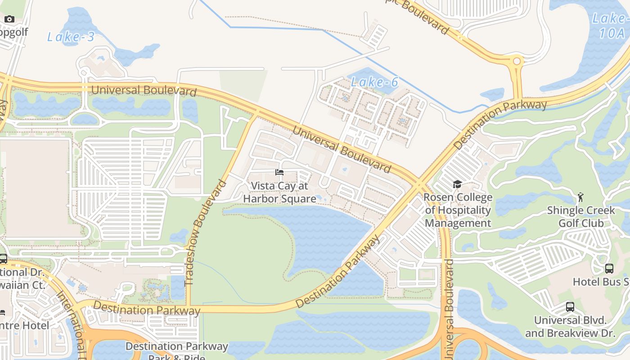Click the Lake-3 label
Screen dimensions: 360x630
point(71,37)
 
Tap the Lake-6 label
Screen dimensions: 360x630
point(374,82)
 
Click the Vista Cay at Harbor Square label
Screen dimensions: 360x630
point(279,192)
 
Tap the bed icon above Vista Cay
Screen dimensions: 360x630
point(279,172)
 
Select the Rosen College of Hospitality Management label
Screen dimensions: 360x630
point(458,210)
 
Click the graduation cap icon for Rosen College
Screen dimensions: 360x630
point(457,184)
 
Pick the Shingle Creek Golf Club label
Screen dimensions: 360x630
point(580,216)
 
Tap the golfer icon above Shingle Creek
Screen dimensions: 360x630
point(580,197)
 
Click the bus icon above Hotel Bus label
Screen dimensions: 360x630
point(609,269)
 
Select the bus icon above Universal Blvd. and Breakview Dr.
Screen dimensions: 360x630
point(570,307)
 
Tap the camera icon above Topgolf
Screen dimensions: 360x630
point(9,19)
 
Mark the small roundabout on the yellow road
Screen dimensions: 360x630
point(517,61)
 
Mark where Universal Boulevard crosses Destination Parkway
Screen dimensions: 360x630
point(419,184)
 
